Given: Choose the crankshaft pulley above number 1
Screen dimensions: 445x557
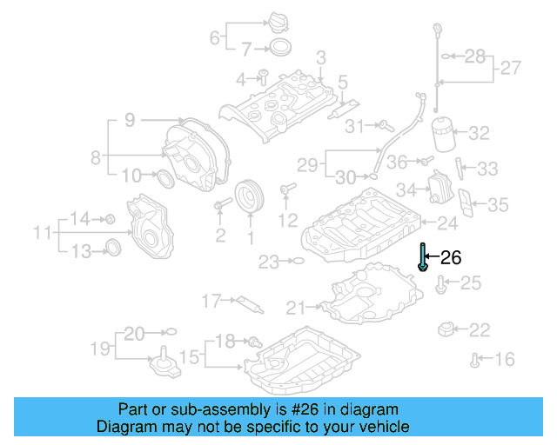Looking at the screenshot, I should pyautogui.click(x=250, y=196).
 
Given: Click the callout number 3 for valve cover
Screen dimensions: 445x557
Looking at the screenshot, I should pyautogui.click(x=320, y=57).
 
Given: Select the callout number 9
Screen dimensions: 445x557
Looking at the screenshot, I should pyautogui.click(x=129, y=121).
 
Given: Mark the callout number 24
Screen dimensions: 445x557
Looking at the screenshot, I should pyautogui.click(x=447, y=223).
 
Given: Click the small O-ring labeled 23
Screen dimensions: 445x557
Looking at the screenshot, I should pyautogui.click(x=297, y=260).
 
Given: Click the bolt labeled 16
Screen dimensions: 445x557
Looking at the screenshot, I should pyautogui.click(x=475, y=358).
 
